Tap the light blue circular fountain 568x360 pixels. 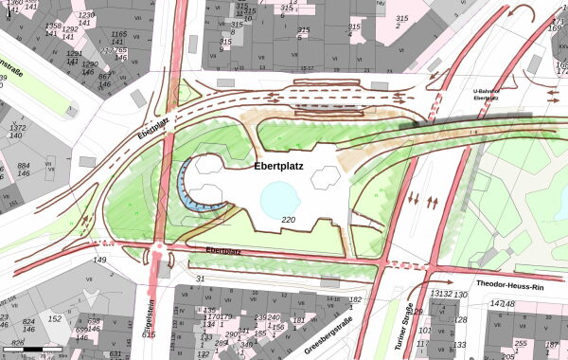click(281, 200)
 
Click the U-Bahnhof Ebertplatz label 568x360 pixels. click(486, 95)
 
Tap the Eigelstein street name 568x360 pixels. click(150, 321)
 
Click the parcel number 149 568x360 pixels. click(99, 260)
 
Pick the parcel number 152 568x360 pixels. click(55, 319)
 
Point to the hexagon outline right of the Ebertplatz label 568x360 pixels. click(327, 175)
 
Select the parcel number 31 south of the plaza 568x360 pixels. click(200, 279)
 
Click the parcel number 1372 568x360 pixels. click(17, 127)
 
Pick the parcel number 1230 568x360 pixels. click(86, 16)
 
